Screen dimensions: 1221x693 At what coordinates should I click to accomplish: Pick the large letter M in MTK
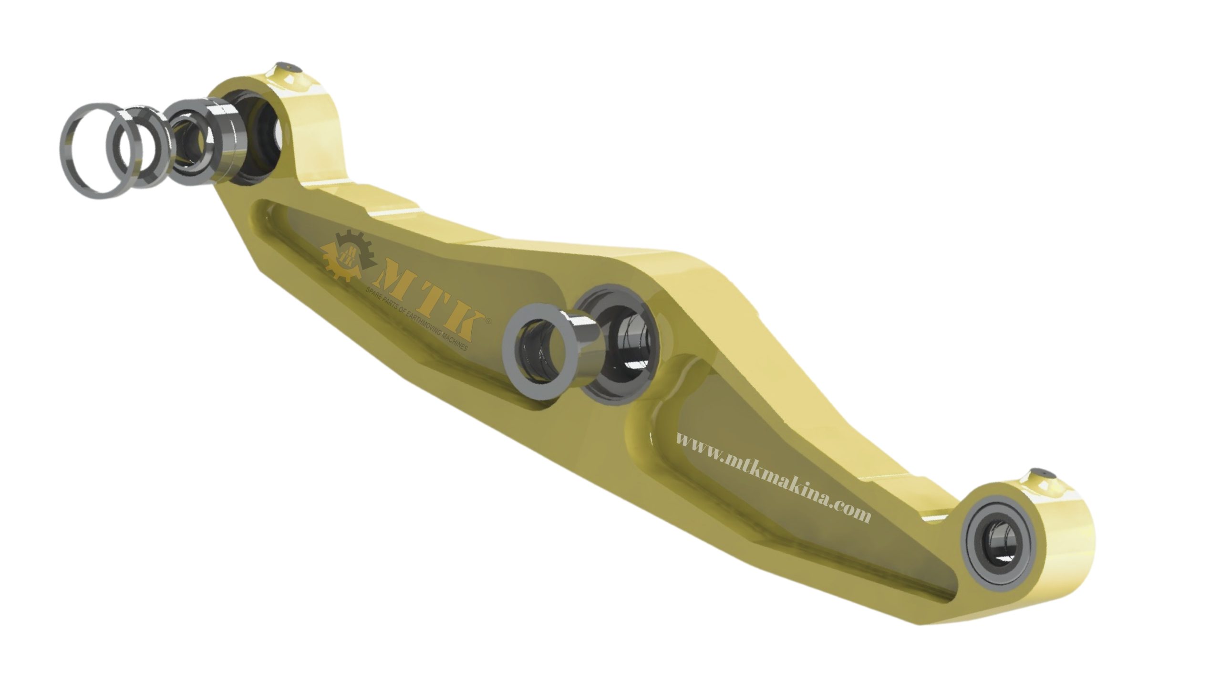pyautogui.click(x=398, y=289)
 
